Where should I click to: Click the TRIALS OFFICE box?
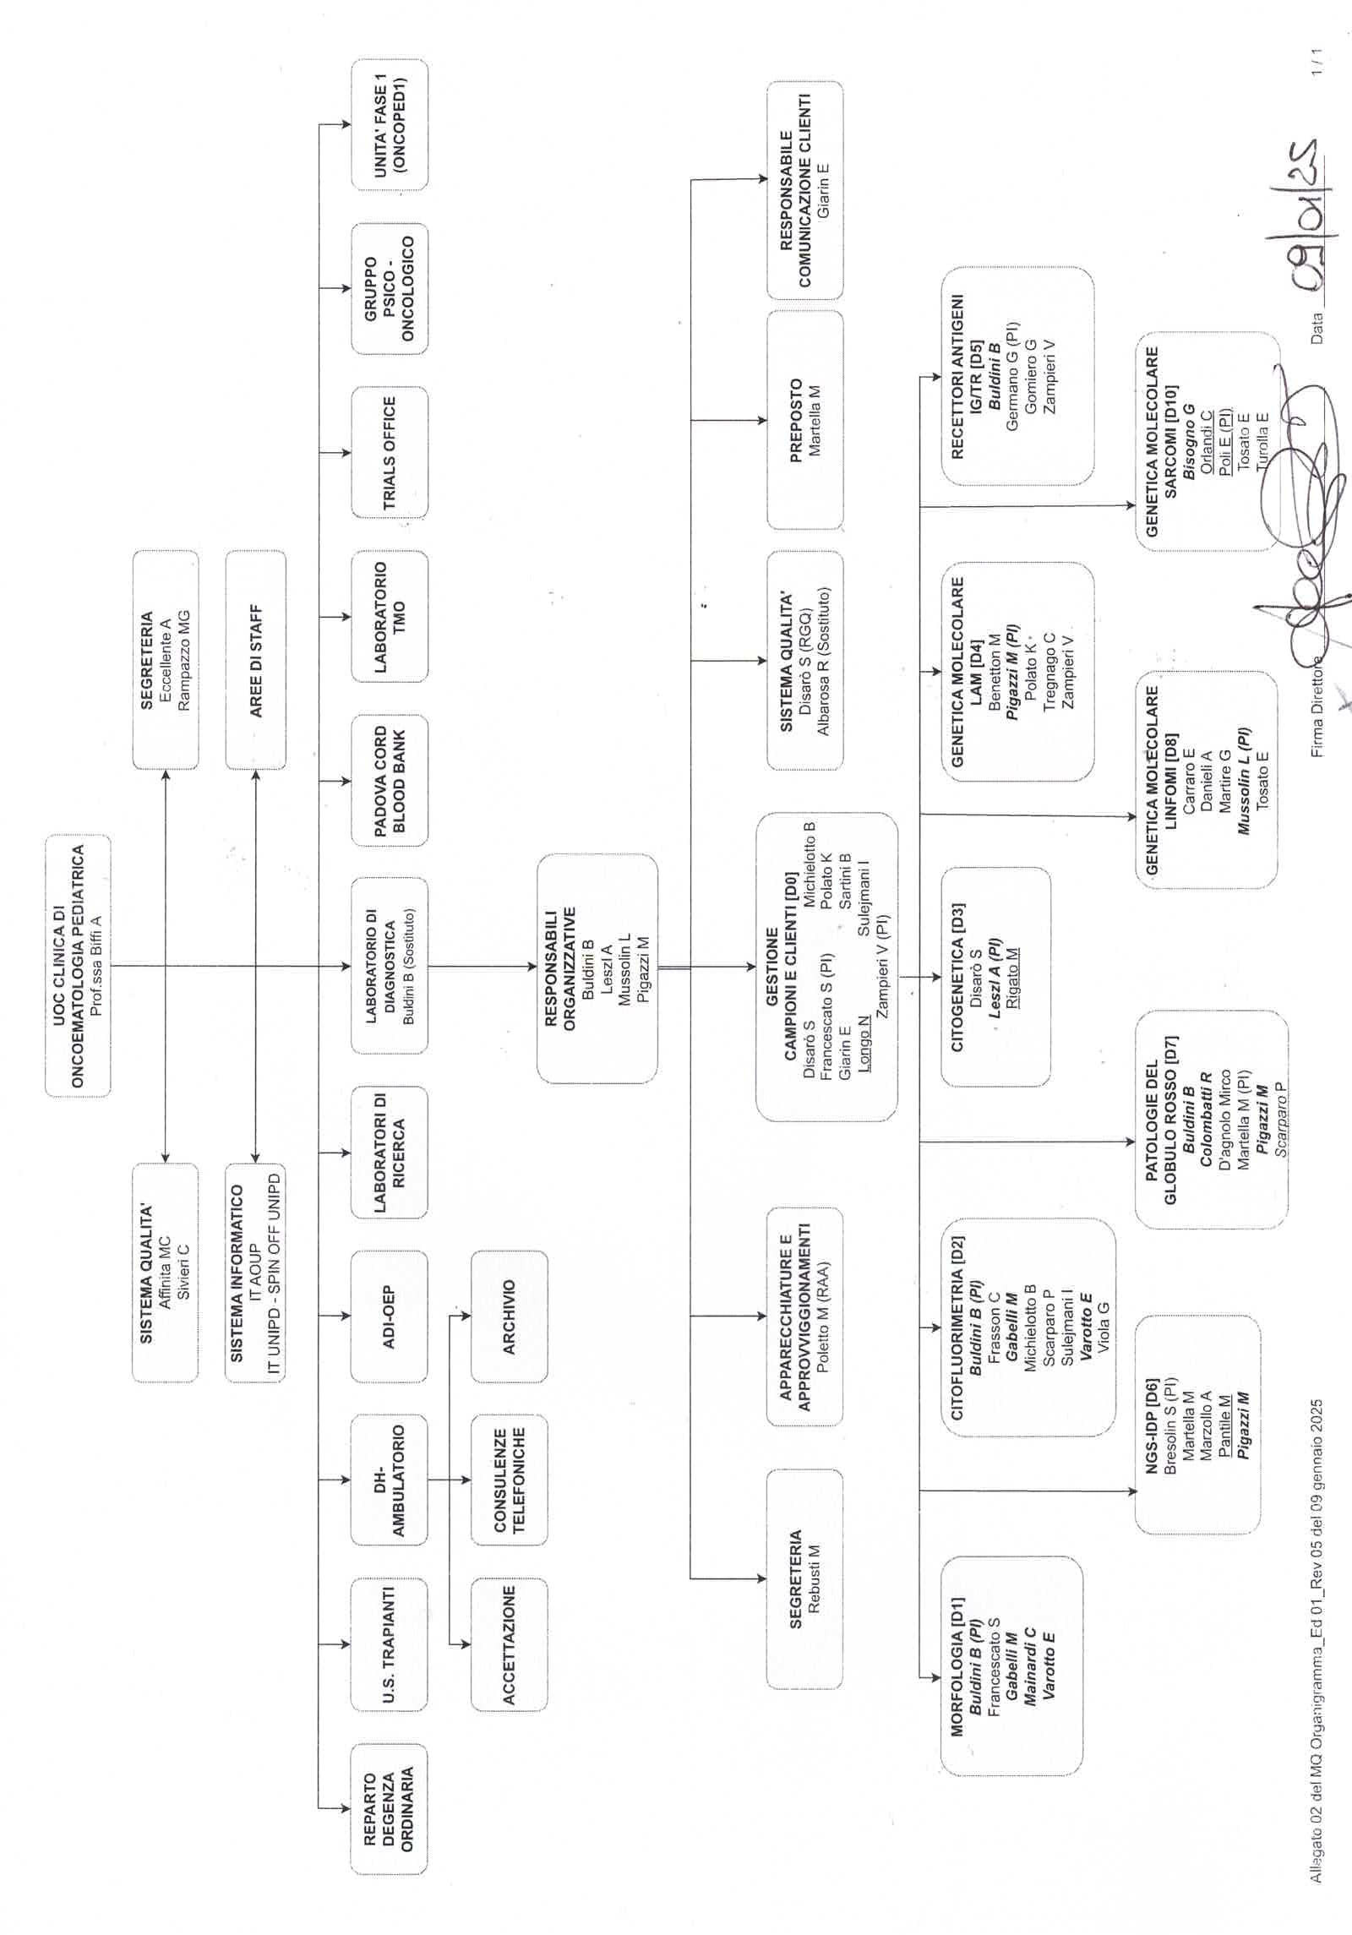[390, 452]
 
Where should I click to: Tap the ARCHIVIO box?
[509, 1317]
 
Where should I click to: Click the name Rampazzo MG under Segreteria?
[184, 660]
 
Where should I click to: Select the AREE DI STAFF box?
[256, 660]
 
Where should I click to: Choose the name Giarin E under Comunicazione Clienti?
[824, 190]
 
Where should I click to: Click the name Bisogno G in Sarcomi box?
[1189, 441]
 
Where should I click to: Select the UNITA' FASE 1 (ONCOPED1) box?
[390, 124]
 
